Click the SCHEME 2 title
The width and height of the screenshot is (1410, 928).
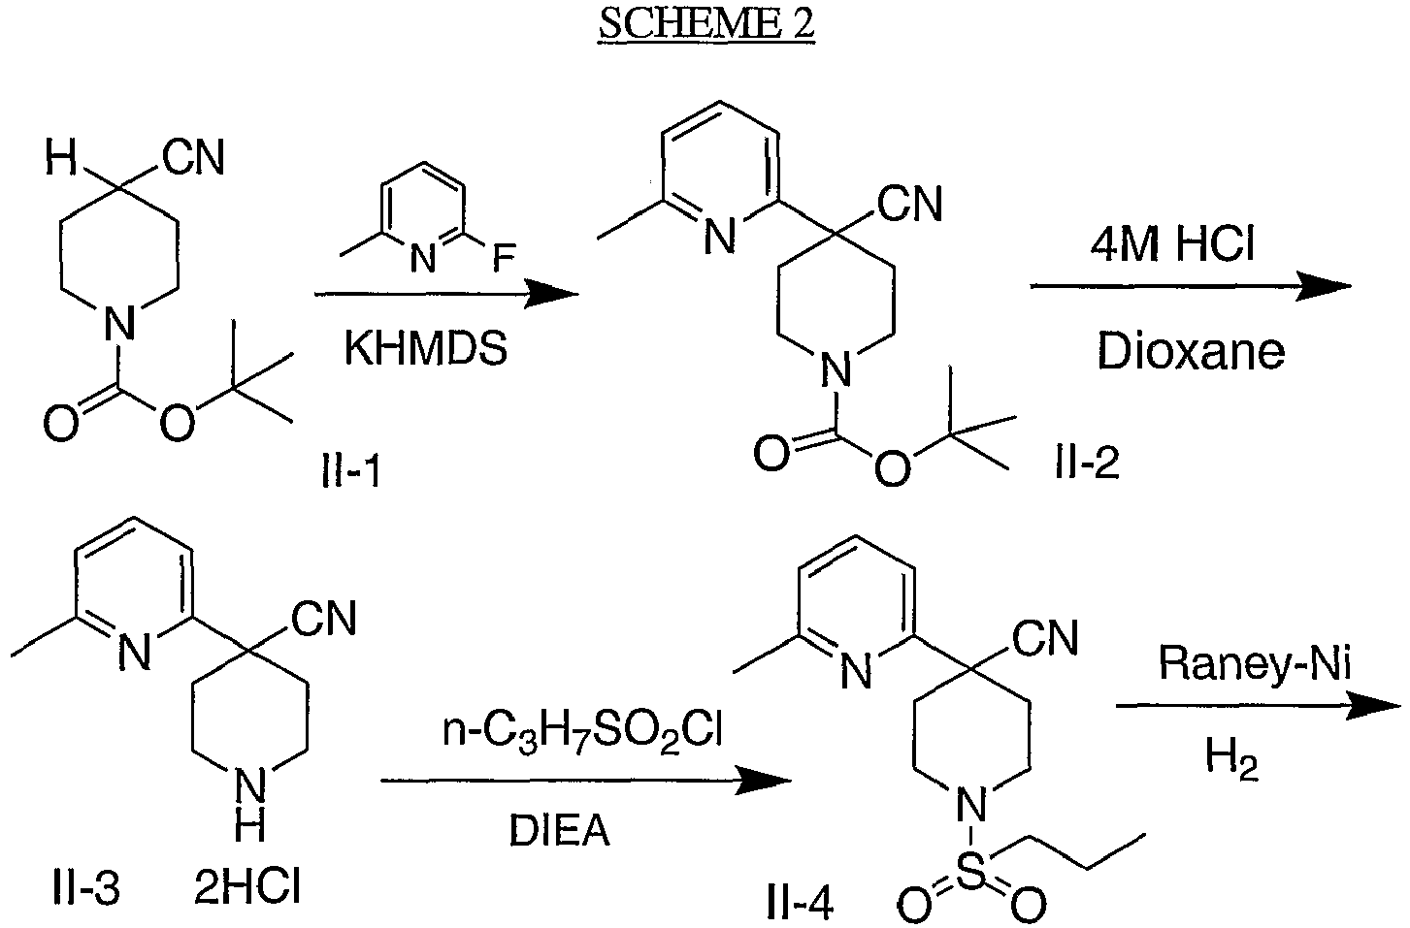(x=706, y=24)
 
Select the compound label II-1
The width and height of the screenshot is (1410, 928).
(x=351, y=471)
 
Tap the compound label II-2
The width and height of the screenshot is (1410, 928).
(x=1087, y=464)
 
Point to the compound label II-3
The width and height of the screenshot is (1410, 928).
(x=86, y=887)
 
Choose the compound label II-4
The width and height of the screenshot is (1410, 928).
(x=801, y=903)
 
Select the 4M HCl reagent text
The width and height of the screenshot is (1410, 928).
(x=1172, y=243)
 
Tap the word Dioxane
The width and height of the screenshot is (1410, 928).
(x=1191, y=352)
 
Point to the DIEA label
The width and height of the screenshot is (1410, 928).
(x=560, y=830)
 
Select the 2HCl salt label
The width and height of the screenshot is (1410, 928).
(x=246, y=887)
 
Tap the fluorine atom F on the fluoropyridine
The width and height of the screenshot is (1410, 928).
(x=505, y=258)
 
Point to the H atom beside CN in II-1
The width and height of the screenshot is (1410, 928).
(x=61, y=158)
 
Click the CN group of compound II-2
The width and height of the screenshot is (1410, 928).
(x=910, y=204)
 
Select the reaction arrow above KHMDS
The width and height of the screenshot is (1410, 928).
(x=446, y=294)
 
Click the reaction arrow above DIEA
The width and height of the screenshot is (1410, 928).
(x=586, y=782)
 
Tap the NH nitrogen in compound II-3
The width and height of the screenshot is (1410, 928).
(x=250, y=787)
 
